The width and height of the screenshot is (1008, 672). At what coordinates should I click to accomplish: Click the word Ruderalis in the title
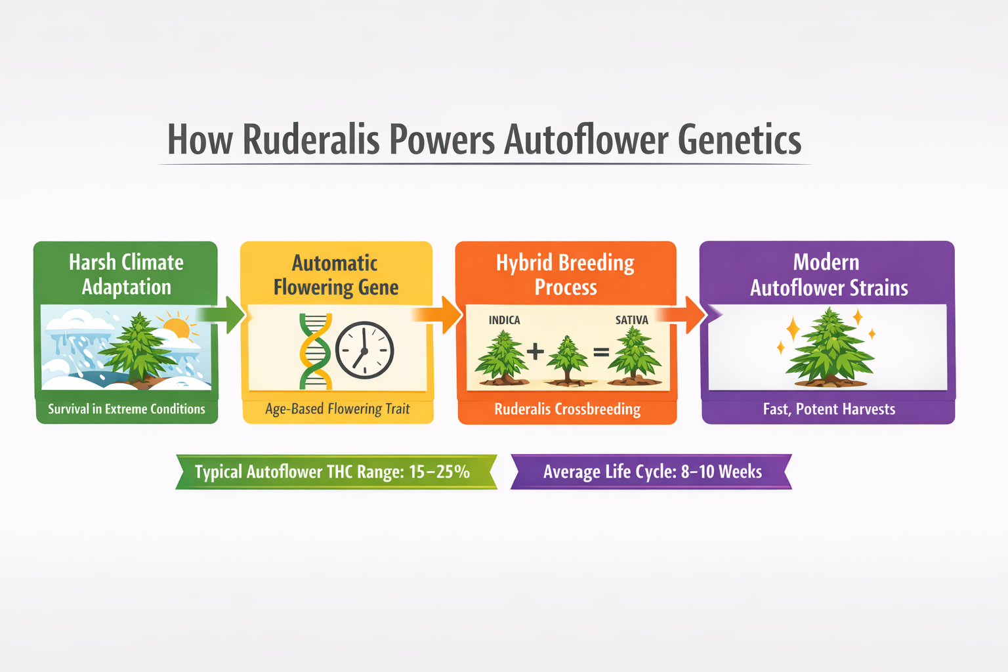[x=311, y=140]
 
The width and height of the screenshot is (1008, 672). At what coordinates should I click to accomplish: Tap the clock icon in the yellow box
[x=365, y=350]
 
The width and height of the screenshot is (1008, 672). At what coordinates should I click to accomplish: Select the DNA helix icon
[x=315, y=351]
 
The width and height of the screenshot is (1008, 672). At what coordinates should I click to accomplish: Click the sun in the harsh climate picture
[x=177, y=326]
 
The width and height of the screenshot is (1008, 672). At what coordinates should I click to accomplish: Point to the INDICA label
[x=504, y=320]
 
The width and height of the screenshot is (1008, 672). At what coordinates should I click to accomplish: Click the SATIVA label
[x=631, y=320]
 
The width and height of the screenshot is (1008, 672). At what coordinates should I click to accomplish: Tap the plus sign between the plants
[x=535, y=351]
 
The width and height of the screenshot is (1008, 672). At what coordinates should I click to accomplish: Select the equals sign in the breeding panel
[x=601, y=352]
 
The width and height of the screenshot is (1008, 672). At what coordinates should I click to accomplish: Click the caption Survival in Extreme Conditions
[x=127, y=409]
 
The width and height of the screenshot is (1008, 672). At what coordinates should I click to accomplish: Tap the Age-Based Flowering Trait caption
[x=337, y=409]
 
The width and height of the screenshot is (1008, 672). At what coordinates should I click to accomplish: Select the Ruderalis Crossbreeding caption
[x=567, y=409]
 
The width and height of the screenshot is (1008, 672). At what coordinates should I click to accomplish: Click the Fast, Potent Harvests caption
[x=829, y=409]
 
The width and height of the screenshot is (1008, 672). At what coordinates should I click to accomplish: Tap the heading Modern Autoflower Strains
[x=828, y=275]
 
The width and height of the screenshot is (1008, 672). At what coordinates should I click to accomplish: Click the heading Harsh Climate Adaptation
[x=126, y=274]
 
